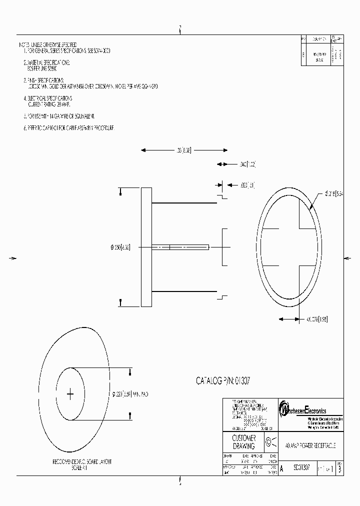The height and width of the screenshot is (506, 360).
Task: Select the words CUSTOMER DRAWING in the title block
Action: coord(244,442)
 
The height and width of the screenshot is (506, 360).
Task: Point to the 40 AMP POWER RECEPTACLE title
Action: coord(310,444)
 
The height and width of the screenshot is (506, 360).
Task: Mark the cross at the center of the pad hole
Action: coord(70,394)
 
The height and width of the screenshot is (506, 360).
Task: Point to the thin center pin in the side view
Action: coord(180,246)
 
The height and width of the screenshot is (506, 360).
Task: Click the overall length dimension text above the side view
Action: coord(183,150)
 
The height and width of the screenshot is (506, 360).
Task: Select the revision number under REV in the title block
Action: coord(339,469)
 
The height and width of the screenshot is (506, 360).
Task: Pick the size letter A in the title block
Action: coord(281,468)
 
